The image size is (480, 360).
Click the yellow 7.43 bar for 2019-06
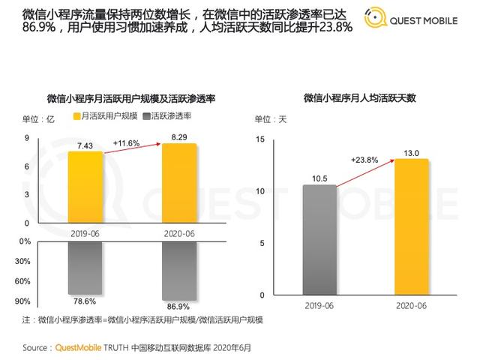[x=86, y=187]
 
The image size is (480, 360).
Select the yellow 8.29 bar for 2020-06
[x=180, y=183]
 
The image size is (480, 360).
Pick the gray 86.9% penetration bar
[x=180, y=270]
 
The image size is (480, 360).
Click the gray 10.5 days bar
[x=319, y=239]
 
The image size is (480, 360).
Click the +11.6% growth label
[x=127, y=142]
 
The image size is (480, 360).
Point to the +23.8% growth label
[x=364, y=160]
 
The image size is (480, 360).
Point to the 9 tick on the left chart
[x=27, y=138]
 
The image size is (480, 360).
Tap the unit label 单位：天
[x=271, y=119]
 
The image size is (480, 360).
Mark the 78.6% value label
[x=83, y=301]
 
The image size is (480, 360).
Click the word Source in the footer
[x=35, y=348]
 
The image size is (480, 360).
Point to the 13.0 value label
[x=411, y=152]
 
